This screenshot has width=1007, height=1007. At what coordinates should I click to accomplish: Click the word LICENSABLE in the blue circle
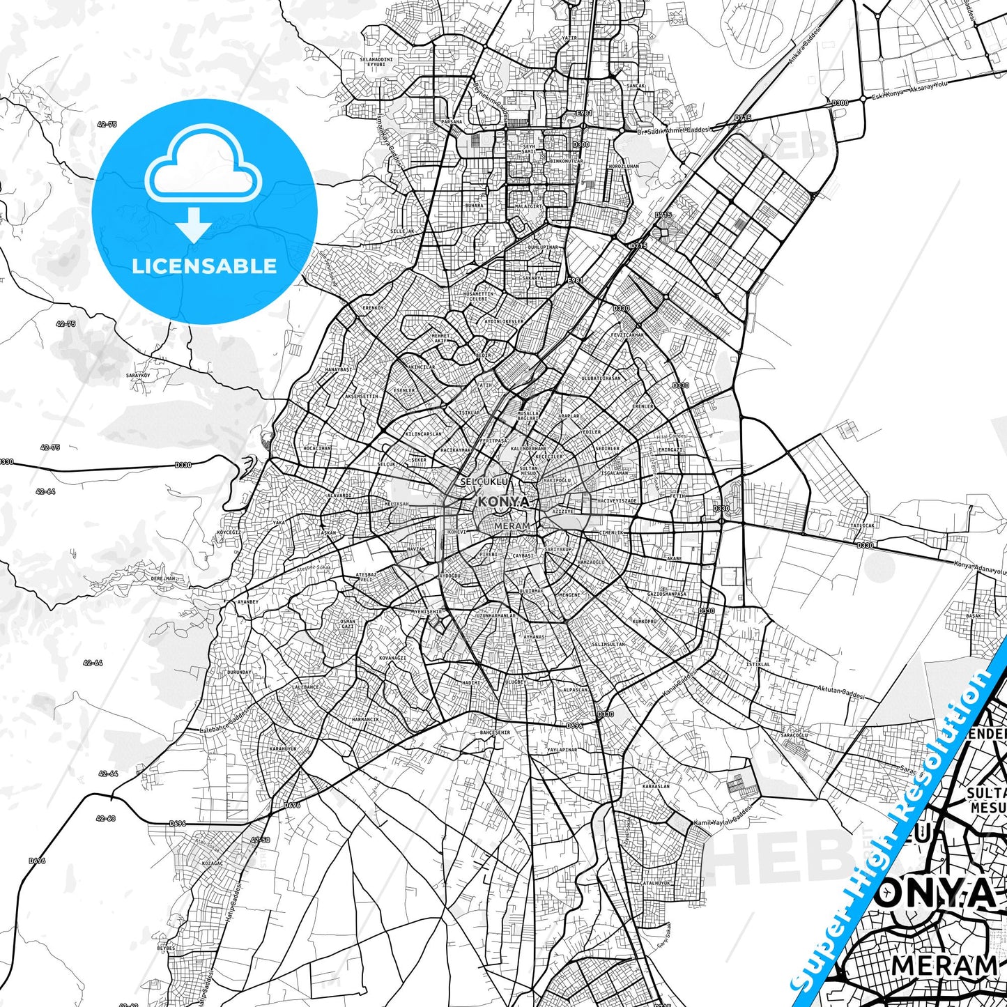[204, 266]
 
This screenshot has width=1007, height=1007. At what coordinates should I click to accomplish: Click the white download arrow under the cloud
[194, 224]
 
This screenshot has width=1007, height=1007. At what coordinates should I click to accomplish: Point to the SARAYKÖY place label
[138, 376]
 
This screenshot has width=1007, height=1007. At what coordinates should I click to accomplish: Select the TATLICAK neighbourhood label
[861, 525]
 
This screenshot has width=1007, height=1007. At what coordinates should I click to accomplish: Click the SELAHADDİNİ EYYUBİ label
[376, 61]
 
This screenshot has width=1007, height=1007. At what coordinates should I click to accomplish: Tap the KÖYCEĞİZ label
[229, 532]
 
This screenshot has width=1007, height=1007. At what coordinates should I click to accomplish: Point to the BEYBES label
[166, 948]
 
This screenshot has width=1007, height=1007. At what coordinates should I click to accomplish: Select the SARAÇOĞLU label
[794, 735]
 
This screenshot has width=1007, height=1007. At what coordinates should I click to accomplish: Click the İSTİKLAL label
[758, 664]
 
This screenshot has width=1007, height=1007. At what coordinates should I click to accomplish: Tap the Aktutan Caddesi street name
[840, 691]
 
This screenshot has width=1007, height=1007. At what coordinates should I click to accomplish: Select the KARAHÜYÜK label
[282, 748]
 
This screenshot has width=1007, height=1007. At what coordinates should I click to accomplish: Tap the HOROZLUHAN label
[623, 167]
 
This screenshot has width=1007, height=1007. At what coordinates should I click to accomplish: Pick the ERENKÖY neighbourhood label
[373, 307]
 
